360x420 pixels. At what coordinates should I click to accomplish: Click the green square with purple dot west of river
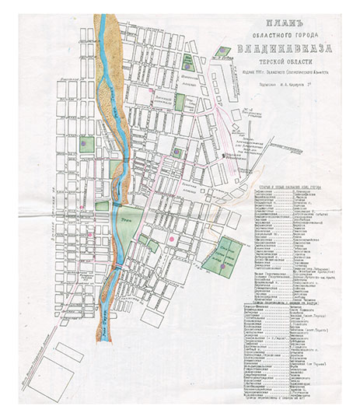86,145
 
